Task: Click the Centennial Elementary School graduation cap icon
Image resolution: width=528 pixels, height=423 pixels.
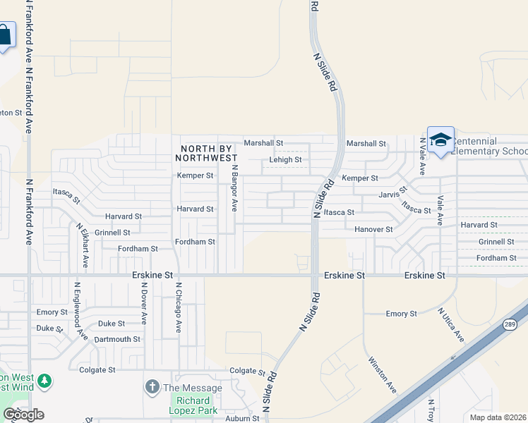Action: tap(440, 140)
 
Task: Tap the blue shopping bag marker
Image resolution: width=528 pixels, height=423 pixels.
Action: tap(4, 35)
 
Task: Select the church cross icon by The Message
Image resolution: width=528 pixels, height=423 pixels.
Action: tap(152, 387)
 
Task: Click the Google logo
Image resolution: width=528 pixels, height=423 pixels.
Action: tap(23, 415)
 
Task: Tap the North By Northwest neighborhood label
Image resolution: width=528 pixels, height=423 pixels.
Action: tap(208, 153)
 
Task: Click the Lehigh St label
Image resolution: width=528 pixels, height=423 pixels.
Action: tap(285, 160)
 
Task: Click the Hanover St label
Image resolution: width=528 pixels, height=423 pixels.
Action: tap(373, 229)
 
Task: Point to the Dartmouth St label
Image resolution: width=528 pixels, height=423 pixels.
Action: tap(117, 339)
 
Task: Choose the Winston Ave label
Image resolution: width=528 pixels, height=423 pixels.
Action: tap(382, 374)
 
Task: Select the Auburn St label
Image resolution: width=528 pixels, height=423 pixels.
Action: tap(242, 418)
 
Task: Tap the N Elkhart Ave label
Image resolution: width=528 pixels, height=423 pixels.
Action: tap(83, 245)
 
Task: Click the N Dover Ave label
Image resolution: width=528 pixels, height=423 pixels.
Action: tap(143, 303)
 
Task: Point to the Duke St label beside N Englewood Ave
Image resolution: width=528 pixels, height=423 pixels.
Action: tap(49, 328)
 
